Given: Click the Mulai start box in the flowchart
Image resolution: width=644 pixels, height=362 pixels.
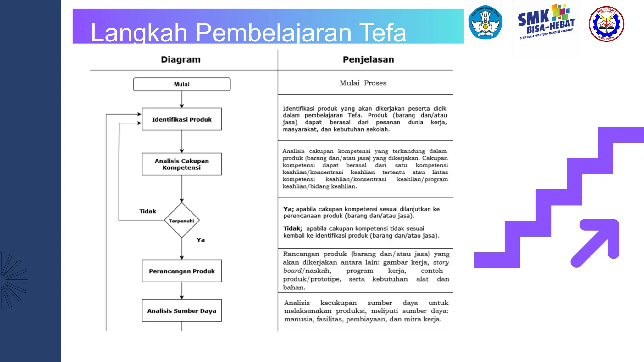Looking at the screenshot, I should click(x=182, y=84).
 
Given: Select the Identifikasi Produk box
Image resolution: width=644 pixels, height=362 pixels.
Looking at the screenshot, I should click(x=182, y=119).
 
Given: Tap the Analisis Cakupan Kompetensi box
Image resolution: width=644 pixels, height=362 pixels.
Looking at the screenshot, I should click(x=182, y=164).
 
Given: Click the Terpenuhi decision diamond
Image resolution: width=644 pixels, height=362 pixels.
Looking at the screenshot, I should click(x=182, y=221).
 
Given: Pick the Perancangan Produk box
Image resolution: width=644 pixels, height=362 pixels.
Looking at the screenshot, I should click(x=182, y=271).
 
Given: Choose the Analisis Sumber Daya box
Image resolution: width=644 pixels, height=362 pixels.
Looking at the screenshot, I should click(x=182, y=310).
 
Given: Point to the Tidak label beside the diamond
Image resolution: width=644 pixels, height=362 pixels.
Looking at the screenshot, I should click(x=147, y=211).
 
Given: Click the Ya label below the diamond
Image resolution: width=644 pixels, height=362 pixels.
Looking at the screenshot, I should click(x=201, y=240).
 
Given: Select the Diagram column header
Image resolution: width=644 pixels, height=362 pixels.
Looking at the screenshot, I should click(x=180, y=59).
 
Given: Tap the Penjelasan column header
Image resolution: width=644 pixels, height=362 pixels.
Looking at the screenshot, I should click(x=368, y=59).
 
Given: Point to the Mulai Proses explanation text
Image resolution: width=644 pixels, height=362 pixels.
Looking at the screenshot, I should click(x=363, y=83).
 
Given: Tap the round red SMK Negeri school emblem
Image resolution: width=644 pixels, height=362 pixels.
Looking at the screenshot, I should click(x=606, y=24).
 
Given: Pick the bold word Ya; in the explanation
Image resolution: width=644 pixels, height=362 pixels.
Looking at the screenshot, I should click(x=288, y=209).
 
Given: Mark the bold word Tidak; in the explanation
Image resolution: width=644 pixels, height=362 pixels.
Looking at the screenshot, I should click(x=292, y=228).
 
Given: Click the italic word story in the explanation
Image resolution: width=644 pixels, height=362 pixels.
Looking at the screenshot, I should click(x=441, y=262).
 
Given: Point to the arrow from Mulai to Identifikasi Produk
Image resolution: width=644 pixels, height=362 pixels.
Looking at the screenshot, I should click(x=182, y=100).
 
